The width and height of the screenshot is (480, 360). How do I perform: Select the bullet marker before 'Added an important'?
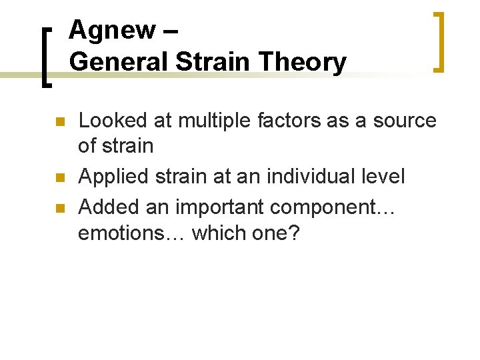coord(59,208)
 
